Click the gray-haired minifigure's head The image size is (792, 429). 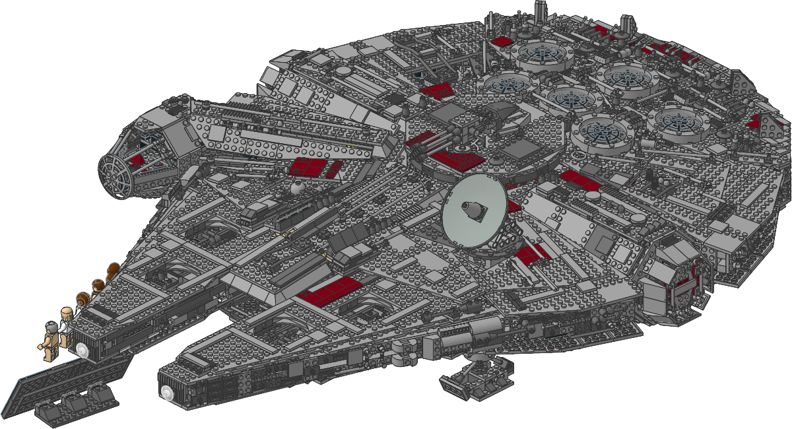(51, 327)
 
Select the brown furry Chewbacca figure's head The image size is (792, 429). (112, 270)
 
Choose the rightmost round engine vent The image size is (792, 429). (679, 122)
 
